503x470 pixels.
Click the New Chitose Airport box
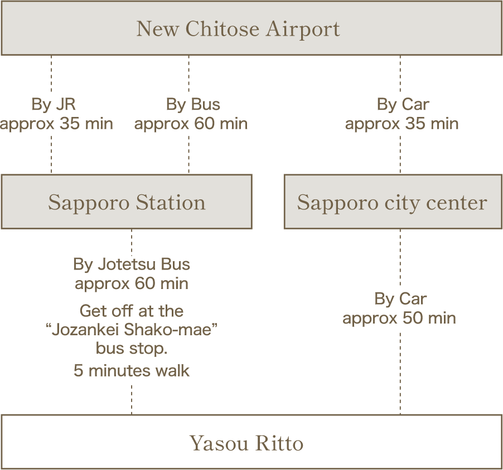[251, 28]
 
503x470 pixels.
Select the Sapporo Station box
[127, 202]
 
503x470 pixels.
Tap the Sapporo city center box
[393, 202]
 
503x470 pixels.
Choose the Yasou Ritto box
[251, 443]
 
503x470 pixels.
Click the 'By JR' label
[54, 104]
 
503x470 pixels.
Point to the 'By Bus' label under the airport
[193, 104]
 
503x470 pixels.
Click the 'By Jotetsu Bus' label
[132, 264]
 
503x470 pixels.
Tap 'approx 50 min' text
[399, 318]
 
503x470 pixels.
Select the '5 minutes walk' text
[132, 370]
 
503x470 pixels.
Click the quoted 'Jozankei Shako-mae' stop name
[132, 330]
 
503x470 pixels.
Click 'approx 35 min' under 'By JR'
[56, 124]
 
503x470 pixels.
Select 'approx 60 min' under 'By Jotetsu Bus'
[132, 283]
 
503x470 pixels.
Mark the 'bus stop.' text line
[132, 349]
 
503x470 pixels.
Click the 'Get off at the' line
[132, 310]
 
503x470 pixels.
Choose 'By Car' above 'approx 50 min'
[400, 299]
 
